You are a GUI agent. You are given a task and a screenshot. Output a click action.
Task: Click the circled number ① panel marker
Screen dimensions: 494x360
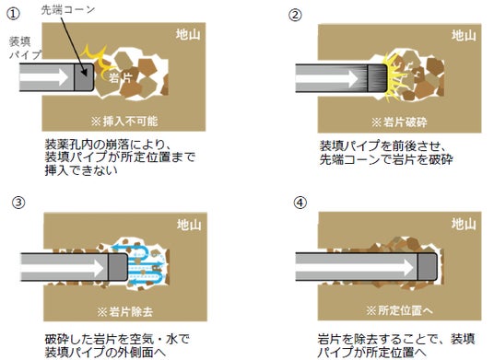(x=14, y=14)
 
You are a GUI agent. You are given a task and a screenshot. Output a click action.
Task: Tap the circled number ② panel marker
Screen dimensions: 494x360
(x=295, y=15)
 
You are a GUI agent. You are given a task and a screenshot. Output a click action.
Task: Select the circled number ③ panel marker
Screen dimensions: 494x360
(x=18, y=203)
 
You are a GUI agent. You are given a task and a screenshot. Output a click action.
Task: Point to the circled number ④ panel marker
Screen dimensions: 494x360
(x=300, y=203)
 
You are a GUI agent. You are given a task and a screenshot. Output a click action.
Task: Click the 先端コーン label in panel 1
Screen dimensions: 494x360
(x=68, y=10)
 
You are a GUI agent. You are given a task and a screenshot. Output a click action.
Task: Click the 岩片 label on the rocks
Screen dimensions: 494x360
(x=121, y=76)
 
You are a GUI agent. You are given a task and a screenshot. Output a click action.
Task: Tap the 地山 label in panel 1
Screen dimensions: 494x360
(x=188, y=34)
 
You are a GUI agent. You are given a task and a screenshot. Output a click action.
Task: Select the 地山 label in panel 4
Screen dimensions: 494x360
(x=464, y=224)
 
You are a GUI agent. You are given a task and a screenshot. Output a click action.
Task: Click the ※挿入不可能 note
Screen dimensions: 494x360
(x=124, y=122)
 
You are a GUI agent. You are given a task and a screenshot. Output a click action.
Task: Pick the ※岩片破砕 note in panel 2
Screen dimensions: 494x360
(x=399, y=122)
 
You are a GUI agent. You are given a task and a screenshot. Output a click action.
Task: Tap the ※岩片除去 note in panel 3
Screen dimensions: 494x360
(x=125, y=312)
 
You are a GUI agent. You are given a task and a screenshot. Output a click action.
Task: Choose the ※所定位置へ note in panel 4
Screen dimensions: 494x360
(x=399, y=310)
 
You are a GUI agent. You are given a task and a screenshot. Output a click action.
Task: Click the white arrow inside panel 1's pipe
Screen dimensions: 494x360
(x=44, y=77)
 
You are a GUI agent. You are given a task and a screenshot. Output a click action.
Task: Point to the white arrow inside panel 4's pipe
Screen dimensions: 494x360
(x=355, y=267)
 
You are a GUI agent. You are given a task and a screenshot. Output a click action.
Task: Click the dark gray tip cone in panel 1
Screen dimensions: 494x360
(x=84, y=77)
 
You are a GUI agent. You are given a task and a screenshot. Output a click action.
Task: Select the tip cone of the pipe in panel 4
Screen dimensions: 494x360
(x=428, y=267)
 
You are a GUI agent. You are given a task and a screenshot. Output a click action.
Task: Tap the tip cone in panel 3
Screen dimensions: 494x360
(x=118, y=267)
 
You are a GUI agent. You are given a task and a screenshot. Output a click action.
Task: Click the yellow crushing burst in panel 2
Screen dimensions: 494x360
(x=394, y=78)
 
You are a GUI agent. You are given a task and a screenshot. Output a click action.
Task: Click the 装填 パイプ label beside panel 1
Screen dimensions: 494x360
(x=25, y=48)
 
